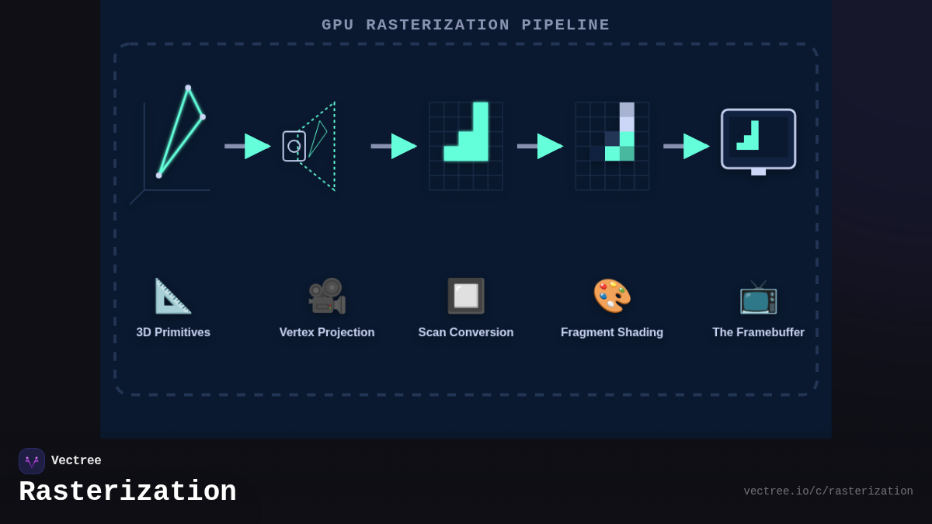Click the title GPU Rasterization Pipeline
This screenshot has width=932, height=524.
tap(466, 25)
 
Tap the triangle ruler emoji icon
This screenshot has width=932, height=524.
tap(172, 296)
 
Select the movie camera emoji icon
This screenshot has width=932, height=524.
tap(327, 296)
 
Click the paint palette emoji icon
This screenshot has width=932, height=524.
tap(612, 296)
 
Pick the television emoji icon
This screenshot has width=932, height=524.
tap(758, 297)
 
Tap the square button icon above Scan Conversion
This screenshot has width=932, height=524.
tap(466, 296)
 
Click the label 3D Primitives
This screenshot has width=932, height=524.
tap(173, 332)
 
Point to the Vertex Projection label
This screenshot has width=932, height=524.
tap(327, 332)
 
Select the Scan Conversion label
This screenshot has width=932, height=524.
tap(466, 332)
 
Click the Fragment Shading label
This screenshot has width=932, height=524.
tap(612, 332)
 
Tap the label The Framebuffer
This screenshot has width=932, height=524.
tap(758, 332)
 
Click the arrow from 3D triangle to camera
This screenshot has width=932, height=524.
tap(248, 146)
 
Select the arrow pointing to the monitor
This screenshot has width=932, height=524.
tap(687, 146)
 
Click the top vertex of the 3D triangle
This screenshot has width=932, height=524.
tap(188, 88)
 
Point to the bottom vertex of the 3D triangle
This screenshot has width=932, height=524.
tap(159, 175)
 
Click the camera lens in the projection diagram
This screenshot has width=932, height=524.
tap(294, 146)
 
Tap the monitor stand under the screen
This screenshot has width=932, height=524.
tap(758, 172)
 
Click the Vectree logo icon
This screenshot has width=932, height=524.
tap(32, 461)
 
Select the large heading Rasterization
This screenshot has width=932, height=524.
tap(127, 492)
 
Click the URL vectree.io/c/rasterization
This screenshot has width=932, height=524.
tap(828, 491)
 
